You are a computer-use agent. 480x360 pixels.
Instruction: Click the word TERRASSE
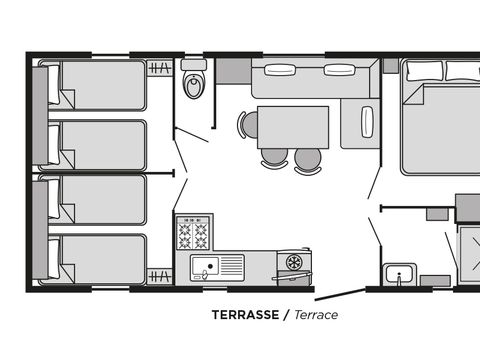[x=245, y=314]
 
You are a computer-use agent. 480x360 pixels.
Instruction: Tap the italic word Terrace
[x=315, y=314]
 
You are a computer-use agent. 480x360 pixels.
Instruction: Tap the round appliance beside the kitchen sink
[x=294, y=262]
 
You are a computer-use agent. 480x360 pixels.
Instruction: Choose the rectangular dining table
[x=293, y=126]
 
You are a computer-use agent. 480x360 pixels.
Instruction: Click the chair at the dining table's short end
[x=248, y=125]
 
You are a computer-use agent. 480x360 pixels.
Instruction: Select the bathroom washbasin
[x=400, y=275]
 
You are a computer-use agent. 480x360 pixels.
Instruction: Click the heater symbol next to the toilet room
[x=159, y=69]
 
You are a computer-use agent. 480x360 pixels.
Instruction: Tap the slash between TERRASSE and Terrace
[x=286, y=314]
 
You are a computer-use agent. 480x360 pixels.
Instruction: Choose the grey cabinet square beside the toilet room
[x=233, y=71]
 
